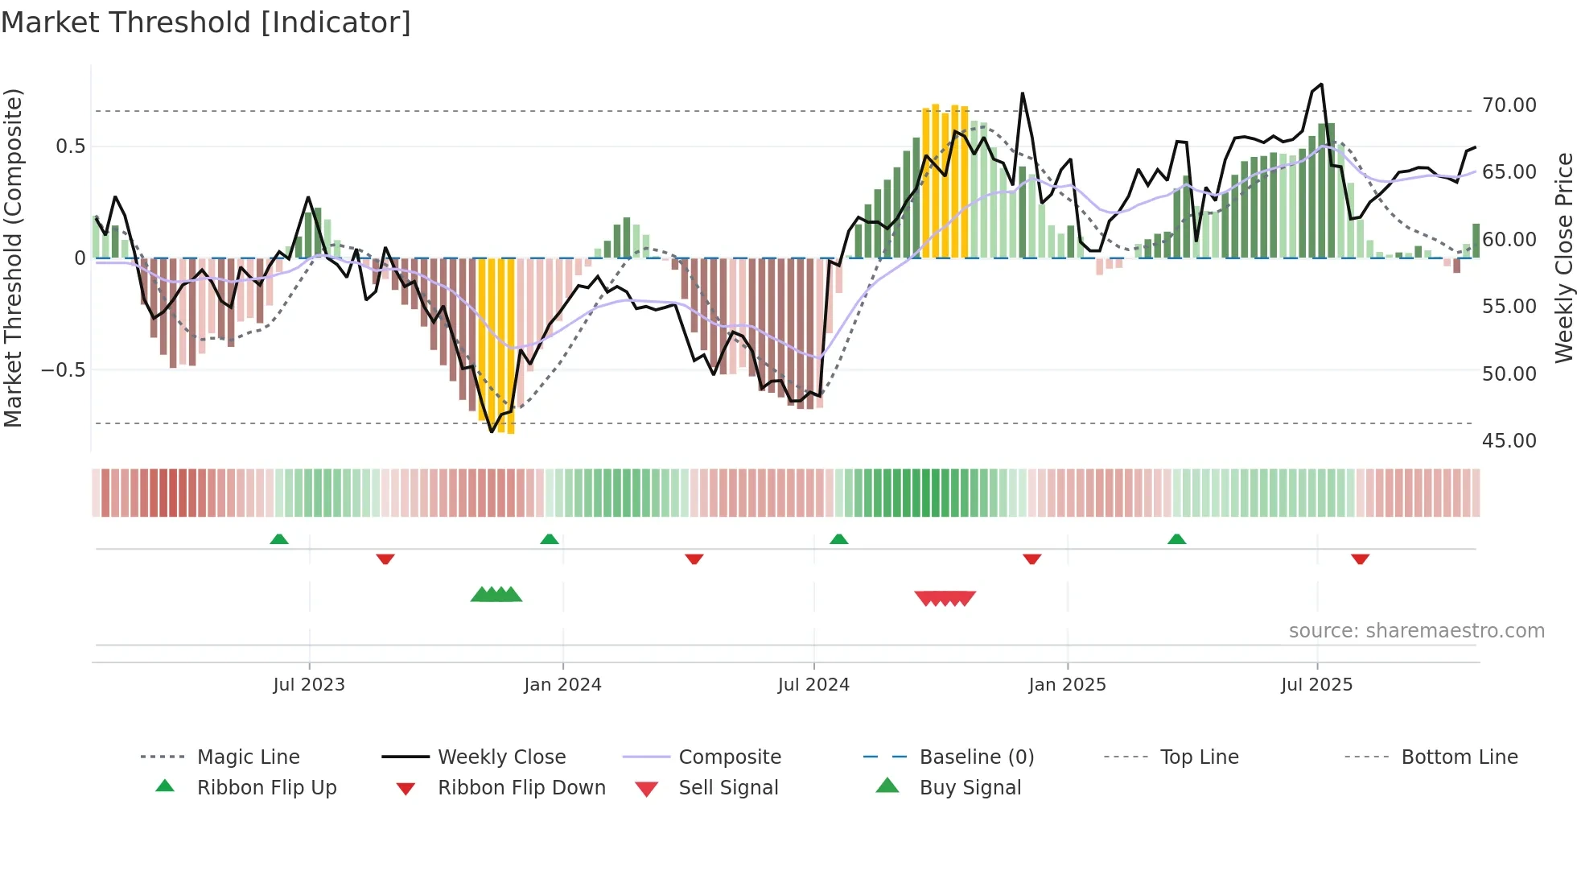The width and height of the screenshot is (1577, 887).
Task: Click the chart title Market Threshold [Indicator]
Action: tap(206, 23)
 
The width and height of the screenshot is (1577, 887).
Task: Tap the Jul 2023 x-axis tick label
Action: tap(309, 685)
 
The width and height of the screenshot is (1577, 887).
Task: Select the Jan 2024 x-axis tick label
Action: tap(562, 685)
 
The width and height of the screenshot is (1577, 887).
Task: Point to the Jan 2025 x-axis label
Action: tap(1067, 685)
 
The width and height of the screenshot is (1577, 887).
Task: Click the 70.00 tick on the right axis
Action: tap(1509, 105)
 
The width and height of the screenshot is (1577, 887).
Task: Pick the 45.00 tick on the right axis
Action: tap(1509, 441)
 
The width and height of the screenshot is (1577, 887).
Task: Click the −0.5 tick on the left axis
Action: tap(63, 370)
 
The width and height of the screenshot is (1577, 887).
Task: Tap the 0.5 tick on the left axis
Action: tap(70, 146)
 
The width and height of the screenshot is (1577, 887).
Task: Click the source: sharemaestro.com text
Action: tap(1416, 631)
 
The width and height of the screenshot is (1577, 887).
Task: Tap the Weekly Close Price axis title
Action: tap(1563, 258)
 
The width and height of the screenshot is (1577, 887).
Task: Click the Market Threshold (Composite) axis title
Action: tap(13, 258)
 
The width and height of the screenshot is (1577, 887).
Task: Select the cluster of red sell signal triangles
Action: tap(945, 598)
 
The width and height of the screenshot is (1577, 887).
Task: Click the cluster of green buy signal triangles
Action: tap(496, 595)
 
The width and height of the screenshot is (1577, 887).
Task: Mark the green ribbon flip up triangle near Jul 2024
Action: tap(838, 539)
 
